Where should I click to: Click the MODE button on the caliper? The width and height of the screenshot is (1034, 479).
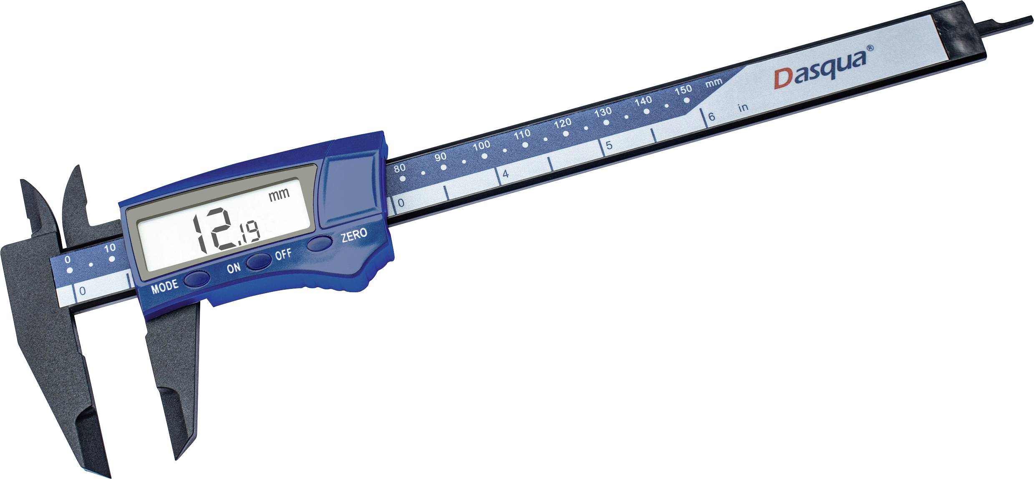click(197, 278)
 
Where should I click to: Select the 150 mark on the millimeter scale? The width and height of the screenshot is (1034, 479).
click(683, 90)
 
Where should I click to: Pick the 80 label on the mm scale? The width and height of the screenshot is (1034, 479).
click(399, 168)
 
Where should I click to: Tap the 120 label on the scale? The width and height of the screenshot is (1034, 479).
click(562, 123)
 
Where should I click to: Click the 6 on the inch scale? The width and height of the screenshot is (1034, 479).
click(711, 117)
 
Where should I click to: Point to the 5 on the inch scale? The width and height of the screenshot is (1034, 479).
click(609, 145)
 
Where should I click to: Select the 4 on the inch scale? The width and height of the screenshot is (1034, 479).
click(506, 174)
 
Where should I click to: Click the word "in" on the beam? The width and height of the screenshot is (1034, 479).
click(743, 108)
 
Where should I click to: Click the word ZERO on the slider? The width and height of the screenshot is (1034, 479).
click(354, 235)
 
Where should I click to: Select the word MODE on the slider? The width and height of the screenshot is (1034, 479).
click(164, 287)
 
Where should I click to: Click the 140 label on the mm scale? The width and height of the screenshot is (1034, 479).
click(643, 101)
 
